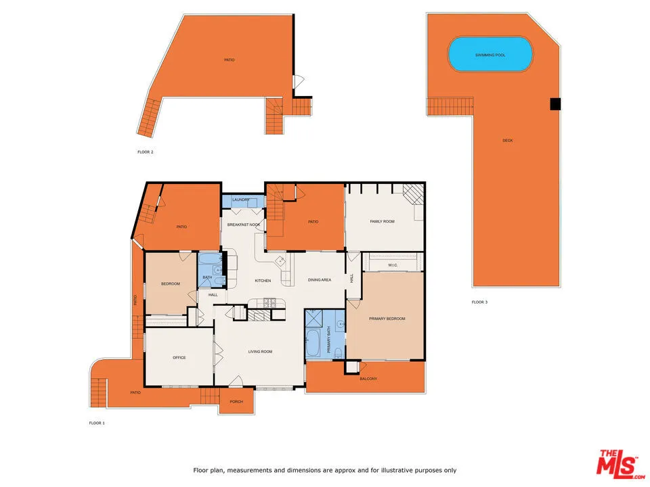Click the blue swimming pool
click(490, 54)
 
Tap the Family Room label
click(382, 221)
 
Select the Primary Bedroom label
click(387, 319)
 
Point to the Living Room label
click(260, 351)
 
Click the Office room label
click(179, 358)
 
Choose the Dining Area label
click(319, 280)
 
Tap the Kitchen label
click(263, 281)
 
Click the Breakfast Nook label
click(244, 225)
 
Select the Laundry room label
click(240, 200)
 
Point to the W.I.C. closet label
click(393, 265)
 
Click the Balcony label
click(368, 379)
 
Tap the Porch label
click(236, 402)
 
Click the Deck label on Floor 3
click(507, 141)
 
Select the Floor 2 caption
click(146, 152)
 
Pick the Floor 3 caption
click(479, 302)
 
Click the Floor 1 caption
click(97, 423)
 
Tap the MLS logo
click(617, 464)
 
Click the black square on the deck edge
click(555, 103)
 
